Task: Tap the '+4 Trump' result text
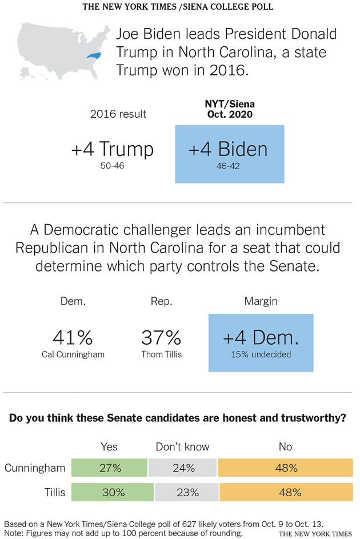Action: point(113,149)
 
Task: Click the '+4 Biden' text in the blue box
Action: point(229,149)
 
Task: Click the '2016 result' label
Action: point(118,114)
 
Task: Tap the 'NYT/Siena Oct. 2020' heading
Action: point(230,109)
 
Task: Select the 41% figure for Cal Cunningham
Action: point(73,338)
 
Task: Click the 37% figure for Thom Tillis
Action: point(161,338)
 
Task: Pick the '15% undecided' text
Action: point(261,354)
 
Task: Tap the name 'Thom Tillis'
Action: point(161,354)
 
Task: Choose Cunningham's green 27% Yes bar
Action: point(109,468)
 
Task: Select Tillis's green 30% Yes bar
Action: point(112,492)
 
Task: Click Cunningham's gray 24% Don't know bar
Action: point(182,468)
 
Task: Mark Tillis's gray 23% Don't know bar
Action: point(187,492)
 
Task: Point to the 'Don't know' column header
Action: point(183,446)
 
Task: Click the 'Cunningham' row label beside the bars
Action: point(35,468)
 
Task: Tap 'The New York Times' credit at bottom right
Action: point(315,533)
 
